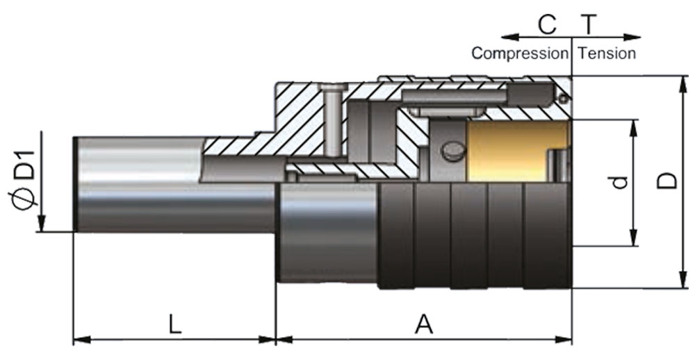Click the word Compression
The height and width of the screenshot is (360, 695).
point(519,54)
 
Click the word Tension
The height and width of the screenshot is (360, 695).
point(607,54)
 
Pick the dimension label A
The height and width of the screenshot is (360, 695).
point(423,325)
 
